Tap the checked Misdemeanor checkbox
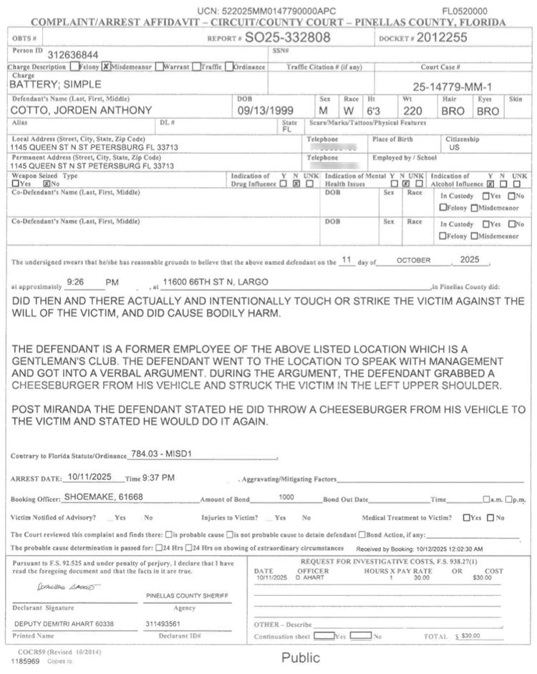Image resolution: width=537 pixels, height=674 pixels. pyautogui.click(x=106, y=67)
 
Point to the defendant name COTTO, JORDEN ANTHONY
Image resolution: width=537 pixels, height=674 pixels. pyautogui.click(x=81, y=110)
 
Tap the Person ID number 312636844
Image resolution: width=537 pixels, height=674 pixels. pyautogui.click(x=74, y=54)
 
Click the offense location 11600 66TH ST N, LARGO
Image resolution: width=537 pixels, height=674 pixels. pyautogui.click(x=216, y=282)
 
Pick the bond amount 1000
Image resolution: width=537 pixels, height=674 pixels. pyautogui.click(x=286, y=496)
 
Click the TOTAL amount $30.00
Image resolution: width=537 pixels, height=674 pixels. pyautogui.click(x=470, y=635)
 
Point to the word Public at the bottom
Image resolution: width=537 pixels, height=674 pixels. pyautogui.click(x=300, y=658)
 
